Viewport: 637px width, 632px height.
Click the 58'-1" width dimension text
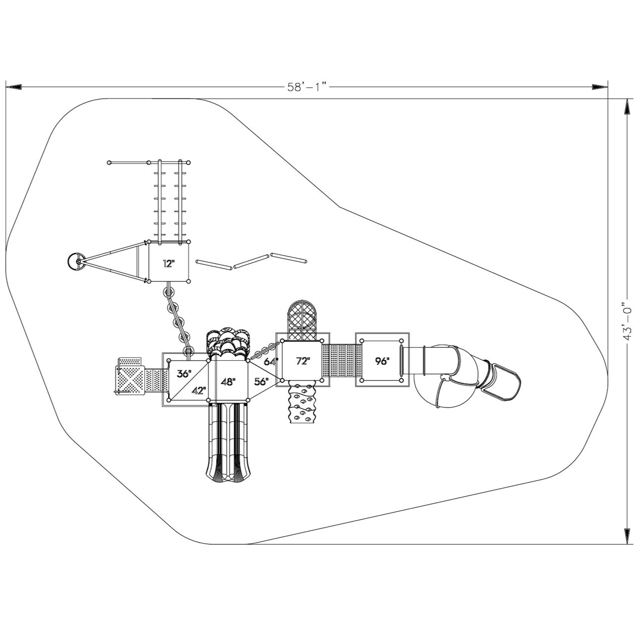[308, 87]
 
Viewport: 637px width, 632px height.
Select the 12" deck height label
[169, 264]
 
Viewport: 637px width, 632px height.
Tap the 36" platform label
[184, 374]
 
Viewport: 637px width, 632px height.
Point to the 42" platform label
[199, 390]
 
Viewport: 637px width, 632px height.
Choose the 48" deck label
[228, 382]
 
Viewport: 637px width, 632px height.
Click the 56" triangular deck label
[261, 381]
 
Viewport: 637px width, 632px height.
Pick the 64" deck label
[271, 361]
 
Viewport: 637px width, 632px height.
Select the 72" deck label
[302, 361]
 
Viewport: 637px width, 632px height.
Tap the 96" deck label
[382, 361]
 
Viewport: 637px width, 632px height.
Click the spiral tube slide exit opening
[502, 381]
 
